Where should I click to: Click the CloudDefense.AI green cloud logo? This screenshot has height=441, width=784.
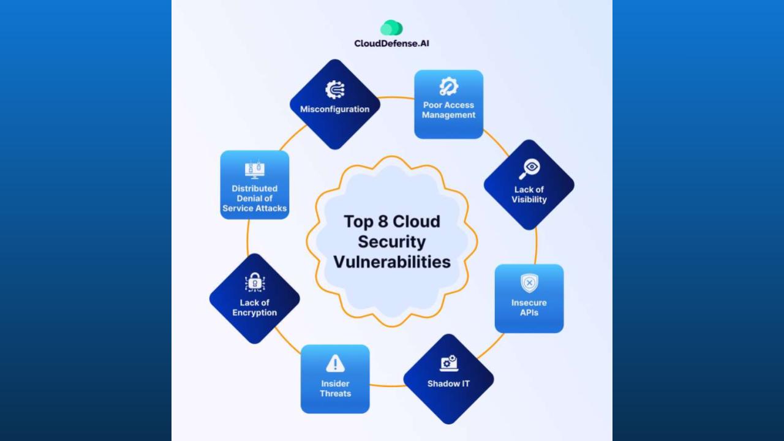coord(391,28)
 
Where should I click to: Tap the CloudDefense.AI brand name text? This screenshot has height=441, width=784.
coord(392,43)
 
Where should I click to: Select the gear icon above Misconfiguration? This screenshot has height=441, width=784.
coord(334,89)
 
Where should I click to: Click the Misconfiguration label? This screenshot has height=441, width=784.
coord(334,109)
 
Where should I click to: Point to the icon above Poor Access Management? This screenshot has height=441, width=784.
coord(448,86)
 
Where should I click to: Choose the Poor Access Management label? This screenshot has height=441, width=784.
coord(448,110)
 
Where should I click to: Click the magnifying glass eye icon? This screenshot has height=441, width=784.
coord(529,168)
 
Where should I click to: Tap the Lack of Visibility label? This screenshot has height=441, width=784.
coord(529,194)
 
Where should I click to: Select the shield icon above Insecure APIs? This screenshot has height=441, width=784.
coord(529,283)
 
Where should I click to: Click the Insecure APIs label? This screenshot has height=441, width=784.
coord(529,307)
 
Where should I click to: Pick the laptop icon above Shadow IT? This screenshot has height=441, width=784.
coord(448,363)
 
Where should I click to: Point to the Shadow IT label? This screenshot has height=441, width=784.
coord(448,384)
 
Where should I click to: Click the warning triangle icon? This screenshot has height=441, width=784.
coord(335,364)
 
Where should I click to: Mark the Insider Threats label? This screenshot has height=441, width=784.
coord(335,388)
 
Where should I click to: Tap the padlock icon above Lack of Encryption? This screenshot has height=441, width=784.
coord(254,282)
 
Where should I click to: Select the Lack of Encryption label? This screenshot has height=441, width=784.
coord(254,307)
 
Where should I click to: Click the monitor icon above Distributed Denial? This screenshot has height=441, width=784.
coord(254,170)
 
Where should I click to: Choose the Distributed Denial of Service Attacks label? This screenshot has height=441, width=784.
coord(254,198)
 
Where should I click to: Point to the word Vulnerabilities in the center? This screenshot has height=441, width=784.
coord(392,262)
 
